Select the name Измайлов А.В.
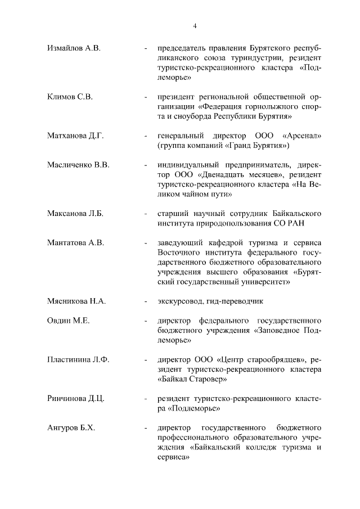[74, 49]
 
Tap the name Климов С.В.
[70, 96]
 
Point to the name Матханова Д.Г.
[76, 136]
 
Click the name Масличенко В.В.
[78, 165]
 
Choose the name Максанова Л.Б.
[76, 214]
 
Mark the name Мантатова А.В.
[76, 243]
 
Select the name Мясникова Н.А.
[76, 301]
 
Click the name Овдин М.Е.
[69, 321]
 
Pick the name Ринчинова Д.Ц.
[76, 399]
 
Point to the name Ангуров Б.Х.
[71, 429]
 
